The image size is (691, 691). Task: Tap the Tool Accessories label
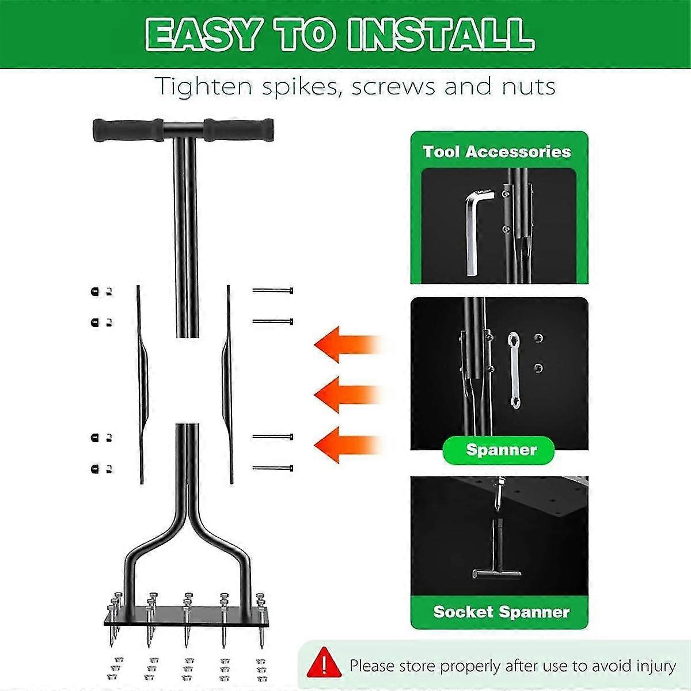pyautogui.click(x=496, y=151)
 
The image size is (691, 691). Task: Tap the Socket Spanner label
pyautogui.click(x=501, y=612)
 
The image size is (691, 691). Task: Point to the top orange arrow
pyautogui.click(x=345, y=344)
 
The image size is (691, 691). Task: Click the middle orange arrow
pyautogui.click(x=345, y=395)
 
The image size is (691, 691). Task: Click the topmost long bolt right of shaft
pyautogui.click(x=273, y=291)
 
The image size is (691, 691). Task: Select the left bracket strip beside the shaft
pyautogui.click(x=140, y=383)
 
